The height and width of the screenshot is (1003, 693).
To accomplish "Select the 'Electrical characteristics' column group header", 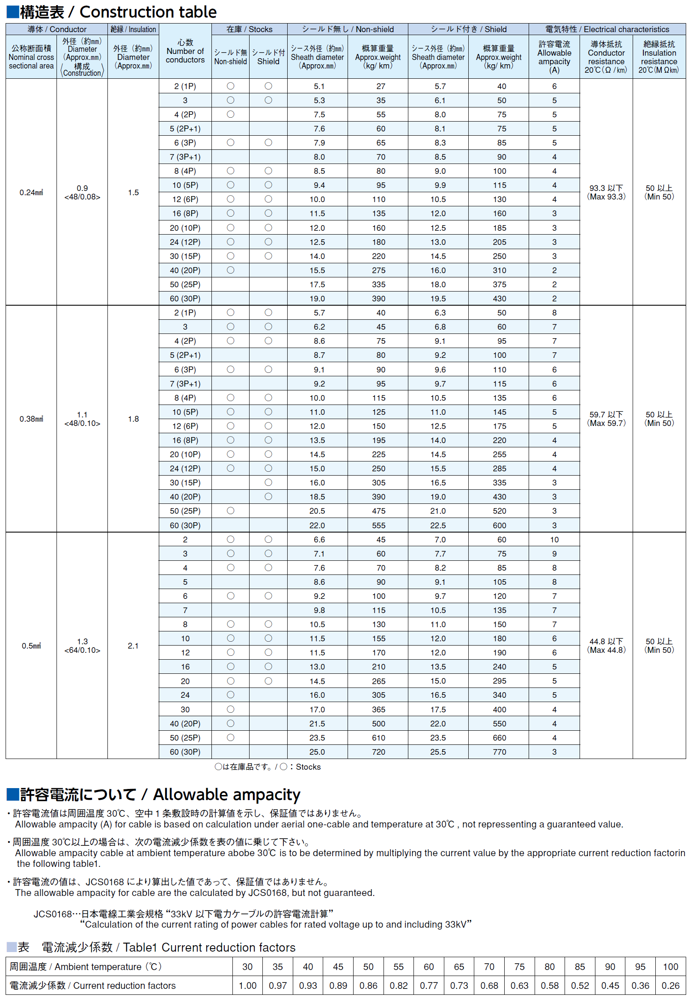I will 607,29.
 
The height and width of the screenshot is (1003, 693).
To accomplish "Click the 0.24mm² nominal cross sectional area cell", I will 31,192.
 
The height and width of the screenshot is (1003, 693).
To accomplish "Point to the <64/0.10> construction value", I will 82,650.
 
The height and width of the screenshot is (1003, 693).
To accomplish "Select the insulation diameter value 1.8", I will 133,419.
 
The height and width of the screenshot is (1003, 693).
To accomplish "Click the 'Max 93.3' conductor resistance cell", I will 606,192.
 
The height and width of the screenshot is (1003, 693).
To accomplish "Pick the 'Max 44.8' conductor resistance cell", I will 606,646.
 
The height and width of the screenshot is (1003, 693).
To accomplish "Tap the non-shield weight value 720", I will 378,752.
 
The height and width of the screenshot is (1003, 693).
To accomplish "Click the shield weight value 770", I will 500,752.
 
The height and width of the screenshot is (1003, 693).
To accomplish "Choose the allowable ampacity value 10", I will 554,539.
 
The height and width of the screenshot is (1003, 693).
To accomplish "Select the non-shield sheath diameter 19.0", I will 317,298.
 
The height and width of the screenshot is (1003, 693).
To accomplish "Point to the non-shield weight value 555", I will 378,525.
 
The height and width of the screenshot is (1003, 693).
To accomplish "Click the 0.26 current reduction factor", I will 670,985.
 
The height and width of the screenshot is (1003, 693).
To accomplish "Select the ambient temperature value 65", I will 459,967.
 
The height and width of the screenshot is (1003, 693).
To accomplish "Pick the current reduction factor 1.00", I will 247,985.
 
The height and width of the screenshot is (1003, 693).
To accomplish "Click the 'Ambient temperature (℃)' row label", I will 86,967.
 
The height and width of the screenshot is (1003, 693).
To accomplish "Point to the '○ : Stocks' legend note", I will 268,767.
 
